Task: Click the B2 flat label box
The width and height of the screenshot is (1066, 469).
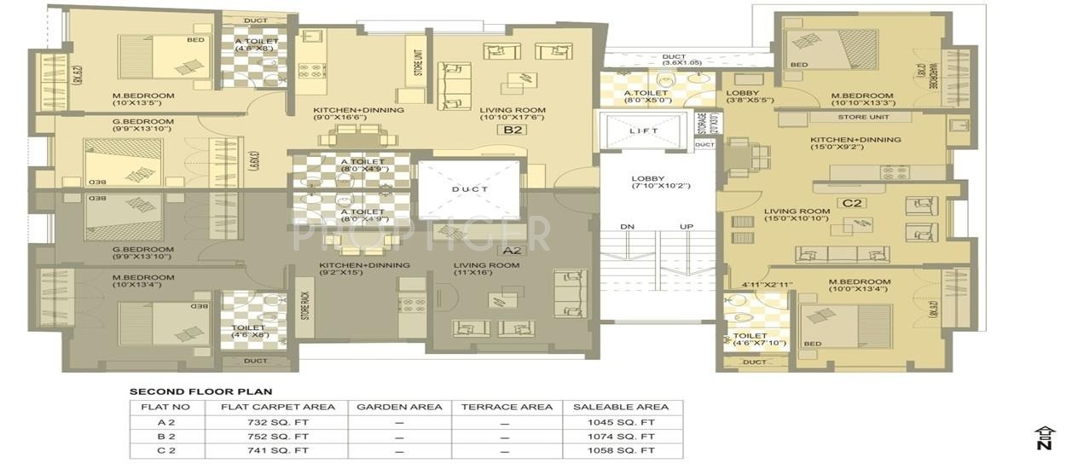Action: (x=513, y=130)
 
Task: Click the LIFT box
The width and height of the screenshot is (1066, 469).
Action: (x=645, y=131)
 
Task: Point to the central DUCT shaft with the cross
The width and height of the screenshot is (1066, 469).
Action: (x=468, y=189)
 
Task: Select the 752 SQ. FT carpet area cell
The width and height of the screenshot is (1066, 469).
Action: (x=278, y=436)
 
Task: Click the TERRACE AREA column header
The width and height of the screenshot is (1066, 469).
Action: (x=507, y=407)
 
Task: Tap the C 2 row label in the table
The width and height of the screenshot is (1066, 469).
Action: (x=167, y=449)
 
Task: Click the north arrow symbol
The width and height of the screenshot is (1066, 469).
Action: (x=1043, y=437)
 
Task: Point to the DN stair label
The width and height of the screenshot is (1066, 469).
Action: (x=628, y=227)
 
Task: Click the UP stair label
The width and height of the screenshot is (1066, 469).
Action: (x=687, y=227)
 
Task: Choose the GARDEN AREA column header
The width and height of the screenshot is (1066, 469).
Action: (x=399, y=407)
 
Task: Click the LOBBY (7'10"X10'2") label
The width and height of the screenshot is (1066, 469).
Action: (x=657, y=182)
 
